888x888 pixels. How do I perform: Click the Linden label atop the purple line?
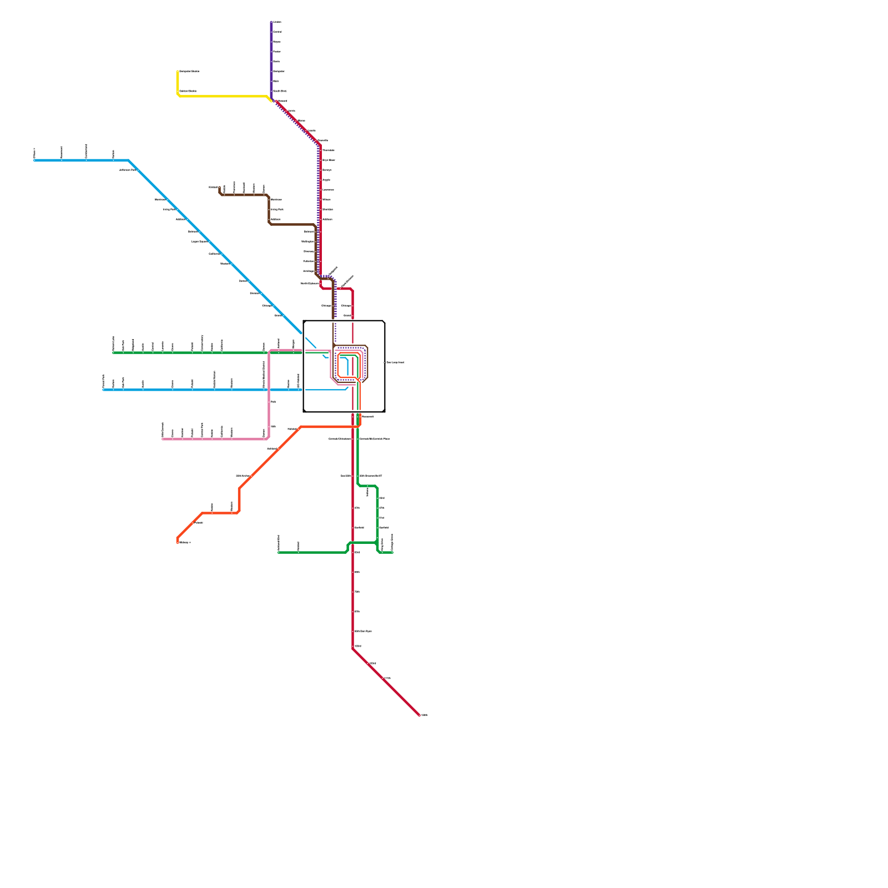277,22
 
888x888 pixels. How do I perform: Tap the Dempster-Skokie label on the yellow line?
189,72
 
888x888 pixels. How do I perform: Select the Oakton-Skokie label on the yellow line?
188,91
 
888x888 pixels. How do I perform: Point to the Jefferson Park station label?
128,170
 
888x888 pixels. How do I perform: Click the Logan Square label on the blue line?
200,241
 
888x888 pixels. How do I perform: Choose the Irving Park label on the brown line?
277,209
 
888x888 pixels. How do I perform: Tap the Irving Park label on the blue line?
169,209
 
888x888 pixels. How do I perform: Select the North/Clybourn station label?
310,284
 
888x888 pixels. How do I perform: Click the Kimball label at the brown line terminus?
213,188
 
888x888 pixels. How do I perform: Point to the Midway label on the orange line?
185,542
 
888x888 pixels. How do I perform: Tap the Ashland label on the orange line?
272,448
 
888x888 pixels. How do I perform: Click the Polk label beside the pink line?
274,402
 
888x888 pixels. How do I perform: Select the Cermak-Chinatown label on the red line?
340,439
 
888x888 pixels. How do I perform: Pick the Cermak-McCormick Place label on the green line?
375,439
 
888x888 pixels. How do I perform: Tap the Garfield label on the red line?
359,528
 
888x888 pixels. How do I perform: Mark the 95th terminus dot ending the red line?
419,715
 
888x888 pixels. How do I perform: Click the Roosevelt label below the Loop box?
367,417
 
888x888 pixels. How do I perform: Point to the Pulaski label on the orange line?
198,523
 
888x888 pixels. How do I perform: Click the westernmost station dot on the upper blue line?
35,160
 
